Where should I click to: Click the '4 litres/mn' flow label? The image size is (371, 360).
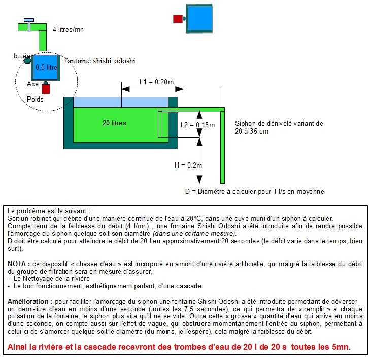pos(68,29)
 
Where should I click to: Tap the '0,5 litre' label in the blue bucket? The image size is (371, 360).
pos(46,67)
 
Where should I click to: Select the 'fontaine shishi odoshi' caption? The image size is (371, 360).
pos(99,61)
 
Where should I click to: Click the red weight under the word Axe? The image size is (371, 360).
pos(46,90)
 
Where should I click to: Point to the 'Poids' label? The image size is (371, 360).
pos(35,100)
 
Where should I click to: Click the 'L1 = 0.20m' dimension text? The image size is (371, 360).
pos(156,82)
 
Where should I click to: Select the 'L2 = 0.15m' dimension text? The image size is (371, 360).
pos(197,125)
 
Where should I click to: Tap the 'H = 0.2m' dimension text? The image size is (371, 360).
pos(188,165)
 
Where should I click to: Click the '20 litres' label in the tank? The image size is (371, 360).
pos(114,123)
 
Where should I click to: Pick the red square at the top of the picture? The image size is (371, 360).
pos(177,19)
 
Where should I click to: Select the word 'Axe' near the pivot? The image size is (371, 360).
pos(32,84)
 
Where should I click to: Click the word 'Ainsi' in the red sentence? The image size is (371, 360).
pos(20,348)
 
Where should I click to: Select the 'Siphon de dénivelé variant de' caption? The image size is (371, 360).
pos(279,123)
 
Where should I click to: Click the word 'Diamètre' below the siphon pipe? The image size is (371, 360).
pos(215,191)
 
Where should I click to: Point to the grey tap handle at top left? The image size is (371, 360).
pos(29,19)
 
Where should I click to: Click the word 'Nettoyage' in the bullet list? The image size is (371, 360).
pos(38,279)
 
